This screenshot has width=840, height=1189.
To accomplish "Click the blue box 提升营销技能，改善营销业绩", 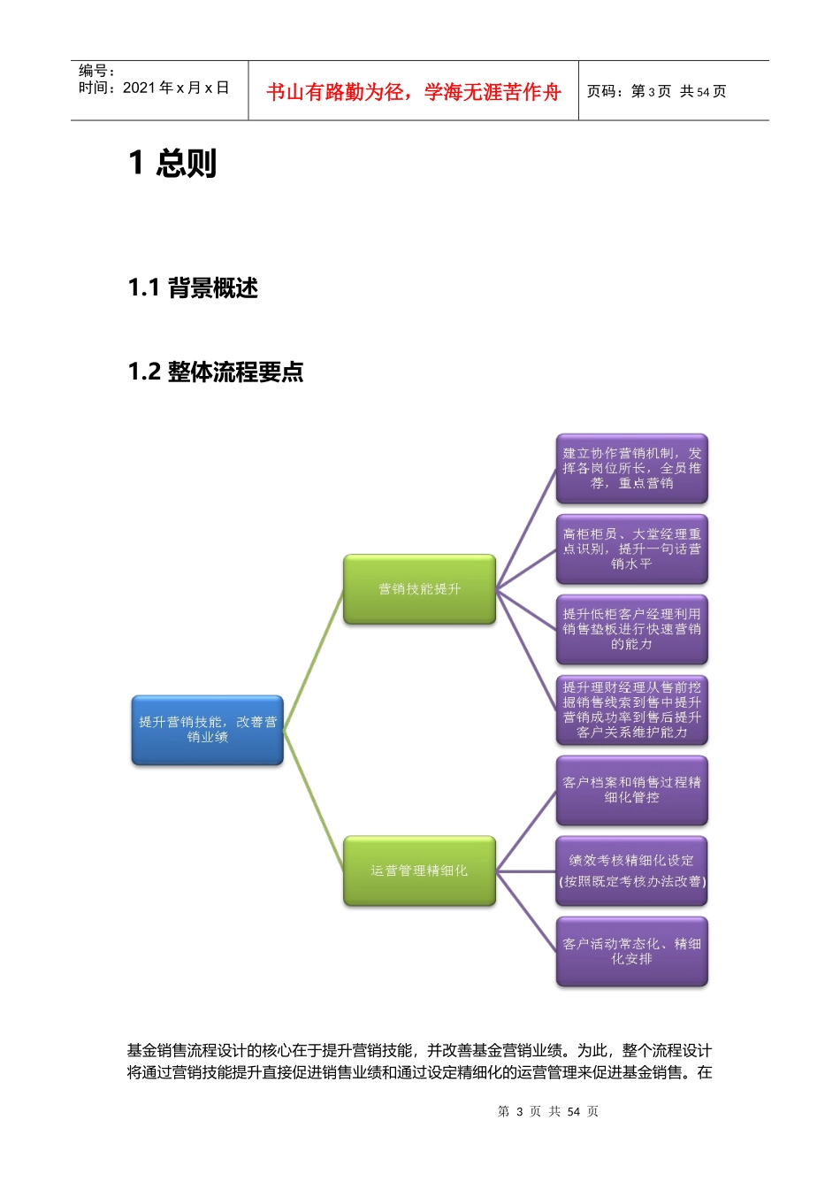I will pyautogui.click(x=208, y=730).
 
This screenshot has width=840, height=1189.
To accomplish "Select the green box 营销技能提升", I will pyautogui.click(x=419, y=589).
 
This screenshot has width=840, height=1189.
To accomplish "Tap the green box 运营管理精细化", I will pyautogui.click(x=419, y=871).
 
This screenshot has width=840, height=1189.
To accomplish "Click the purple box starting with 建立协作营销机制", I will pyautogui.click(x=631, y=468).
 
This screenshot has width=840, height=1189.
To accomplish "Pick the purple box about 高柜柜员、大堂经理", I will pyautogui.click(x=631, y=548).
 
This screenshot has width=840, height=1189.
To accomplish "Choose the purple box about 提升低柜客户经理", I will pyautogui.click(x=631, y=629).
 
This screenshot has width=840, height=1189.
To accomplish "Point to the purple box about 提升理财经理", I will pyautogui.click(x=631, y=710).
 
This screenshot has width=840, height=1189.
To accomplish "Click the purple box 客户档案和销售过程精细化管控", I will pyautogui.click(x=631, y=790).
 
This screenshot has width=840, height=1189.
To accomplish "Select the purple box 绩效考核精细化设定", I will pyautogui.click(x=631, y=871).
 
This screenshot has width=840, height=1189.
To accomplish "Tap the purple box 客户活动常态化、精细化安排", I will pyautogui.click(x=631, y=951).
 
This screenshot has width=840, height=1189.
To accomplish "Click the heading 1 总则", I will pyautogui.click(x=172, y=164).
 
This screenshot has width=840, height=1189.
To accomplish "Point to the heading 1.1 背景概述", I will pyautogui.click(x=193, y=288).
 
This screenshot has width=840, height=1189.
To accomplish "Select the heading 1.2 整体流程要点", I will pyautogui.click(x=216, y=372).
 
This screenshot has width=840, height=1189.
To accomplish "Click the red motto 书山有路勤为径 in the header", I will pyautogui.click(x=414, y=92).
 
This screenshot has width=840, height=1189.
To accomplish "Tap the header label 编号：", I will pyautogui.click(x=96, y=71).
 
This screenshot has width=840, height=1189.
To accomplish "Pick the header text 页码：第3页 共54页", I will pyautogui.click(x=656, y=91).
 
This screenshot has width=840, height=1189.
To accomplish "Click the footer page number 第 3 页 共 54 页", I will pyautogui.click(x=548, y=1111).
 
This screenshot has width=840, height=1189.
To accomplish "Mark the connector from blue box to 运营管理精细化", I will pyautogui.click(x=314, y=801).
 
